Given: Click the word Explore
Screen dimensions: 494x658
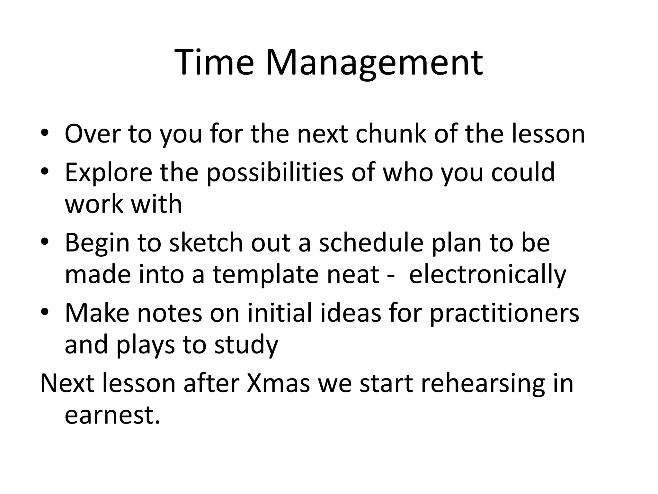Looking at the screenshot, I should (x=108, y=173).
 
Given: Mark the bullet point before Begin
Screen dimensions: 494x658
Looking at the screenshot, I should (x=45, y=242).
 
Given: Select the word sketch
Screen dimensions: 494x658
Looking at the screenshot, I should (x=206, y=243).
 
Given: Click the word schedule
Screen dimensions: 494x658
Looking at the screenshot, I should (x=371, y=243).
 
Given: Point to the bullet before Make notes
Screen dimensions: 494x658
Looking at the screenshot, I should (x=45, y=312).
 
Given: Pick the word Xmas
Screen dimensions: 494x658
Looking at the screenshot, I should (x=278, y=383).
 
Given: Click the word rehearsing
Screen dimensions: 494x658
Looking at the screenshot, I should (x=483, y=384).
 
